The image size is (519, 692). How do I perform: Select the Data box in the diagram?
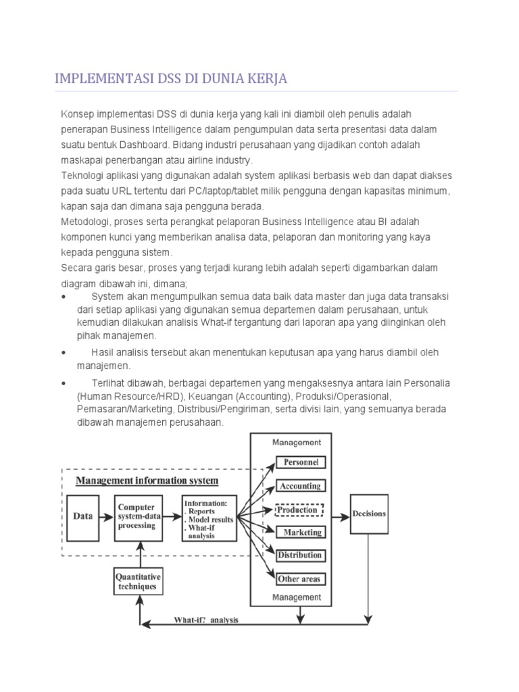pyautogui.click(x=82, y=516)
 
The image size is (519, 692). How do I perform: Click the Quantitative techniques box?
pyautogui.click(x=138, y=582)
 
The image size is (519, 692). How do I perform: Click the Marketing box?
pyautogui.click(x=301, y=533)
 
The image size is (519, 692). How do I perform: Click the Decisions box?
pyautogui.click(x=369, y=514)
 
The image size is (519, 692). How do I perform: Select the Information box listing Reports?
pyautogui.click(x=209, y=519)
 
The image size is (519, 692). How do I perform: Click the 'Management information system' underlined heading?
pyautogui.click(x=147, y=481)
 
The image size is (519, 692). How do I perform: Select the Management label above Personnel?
pyautogui.click(x=296, y=443)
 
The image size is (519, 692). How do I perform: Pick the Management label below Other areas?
pyautogui.click(x=296, y=597)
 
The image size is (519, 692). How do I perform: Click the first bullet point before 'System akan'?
pyautogui.click(x=64, y=297)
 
